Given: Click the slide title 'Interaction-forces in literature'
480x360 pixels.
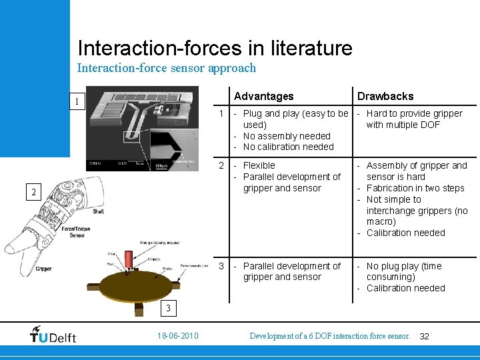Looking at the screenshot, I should point(215,48).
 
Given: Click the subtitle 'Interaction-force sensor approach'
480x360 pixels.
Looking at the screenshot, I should point(166,68).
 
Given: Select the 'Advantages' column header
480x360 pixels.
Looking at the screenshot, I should point(264,97).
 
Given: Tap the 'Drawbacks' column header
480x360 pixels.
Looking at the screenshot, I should point(385,97).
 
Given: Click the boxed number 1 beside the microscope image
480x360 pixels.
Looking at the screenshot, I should point(77,102).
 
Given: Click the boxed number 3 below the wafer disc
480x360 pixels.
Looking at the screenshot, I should point(169,308).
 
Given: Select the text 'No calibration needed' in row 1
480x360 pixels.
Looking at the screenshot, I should point(288,147).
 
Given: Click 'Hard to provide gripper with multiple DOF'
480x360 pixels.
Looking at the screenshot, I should point(413,119).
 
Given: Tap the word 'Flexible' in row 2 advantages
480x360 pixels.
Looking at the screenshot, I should point(259,165).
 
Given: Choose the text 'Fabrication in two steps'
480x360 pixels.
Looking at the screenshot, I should point(415,188).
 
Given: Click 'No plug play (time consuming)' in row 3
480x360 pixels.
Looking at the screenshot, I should point(403,271).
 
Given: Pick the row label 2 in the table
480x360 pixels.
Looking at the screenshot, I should point(223,165).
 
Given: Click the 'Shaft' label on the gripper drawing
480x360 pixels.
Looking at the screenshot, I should point(98,211).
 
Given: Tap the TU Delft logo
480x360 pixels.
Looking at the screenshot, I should point(53,335).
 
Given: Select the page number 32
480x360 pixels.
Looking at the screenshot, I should point(424,337).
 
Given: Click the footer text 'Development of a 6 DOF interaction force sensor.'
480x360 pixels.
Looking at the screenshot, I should point(329,336).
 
